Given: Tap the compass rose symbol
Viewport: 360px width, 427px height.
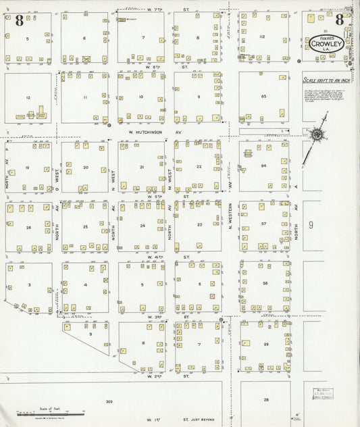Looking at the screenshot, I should pyautogui.click(x=316, y=134).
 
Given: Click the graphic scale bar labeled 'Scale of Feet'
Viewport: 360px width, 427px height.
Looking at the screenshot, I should pyautogui.click(x=51, y=411).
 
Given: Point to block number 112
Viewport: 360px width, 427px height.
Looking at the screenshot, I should pyautogui.click(x=261, y=36).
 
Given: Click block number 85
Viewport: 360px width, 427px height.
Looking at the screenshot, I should pyautogui.click(x=263, y=97).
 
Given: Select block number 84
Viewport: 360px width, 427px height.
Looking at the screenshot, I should pyautogui.click(x=264, y=166).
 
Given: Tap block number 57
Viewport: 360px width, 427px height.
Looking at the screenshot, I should pyautogui.click(x=265, y=224).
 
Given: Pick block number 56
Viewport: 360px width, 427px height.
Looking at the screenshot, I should pyautogui.click(x=265, y=284).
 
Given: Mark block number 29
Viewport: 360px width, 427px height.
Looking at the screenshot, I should pyautogui.click(x=266, y=345).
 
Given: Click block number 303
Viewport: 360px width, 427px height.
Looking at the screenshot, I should pyautogui.click(x=109, y=401).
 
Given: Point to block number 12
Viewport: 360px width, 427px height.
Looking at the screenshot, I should pyautogui.click(x=28, y=98).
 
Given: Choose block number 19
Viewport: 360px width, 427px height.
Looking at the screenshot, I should pyautogui.click(x=28, y=167).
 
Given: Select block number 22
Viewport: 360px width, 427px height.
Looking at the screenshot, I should pyautogui.click(x=199, y=166).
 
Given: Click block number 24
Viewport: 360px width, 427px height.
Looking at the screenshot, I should pyautogui.click(x=143, y=226).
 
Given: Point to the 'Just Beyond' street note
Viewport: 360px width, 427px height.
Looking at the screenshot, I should pyautogui.click(x=209, y=420).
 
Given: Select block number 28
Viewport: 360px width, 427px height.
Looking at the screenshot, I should pyautogui.click(x=266, y=400).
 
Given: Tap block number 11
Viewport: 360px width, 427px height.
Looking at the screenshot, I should pyautogui.click(x=85, y=98).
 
